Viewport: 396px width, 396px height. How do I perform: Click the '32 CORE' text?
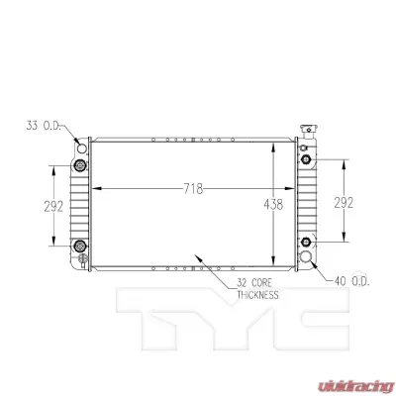(x=256, y=284)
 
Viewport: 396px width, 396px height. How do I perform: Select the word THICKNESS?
(x=257, y=295)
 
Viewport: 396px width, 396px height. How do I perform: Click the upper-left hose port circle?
(x=82, y=149)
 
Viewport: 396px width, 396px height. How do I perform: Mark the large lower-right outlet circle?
(x=314, y=258)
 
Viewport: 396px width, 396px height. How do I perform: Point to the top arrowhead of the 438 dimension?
(x=274, y=142)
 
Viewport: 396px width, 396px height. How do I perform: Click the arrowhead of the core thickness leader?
(x=199, y=259)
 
